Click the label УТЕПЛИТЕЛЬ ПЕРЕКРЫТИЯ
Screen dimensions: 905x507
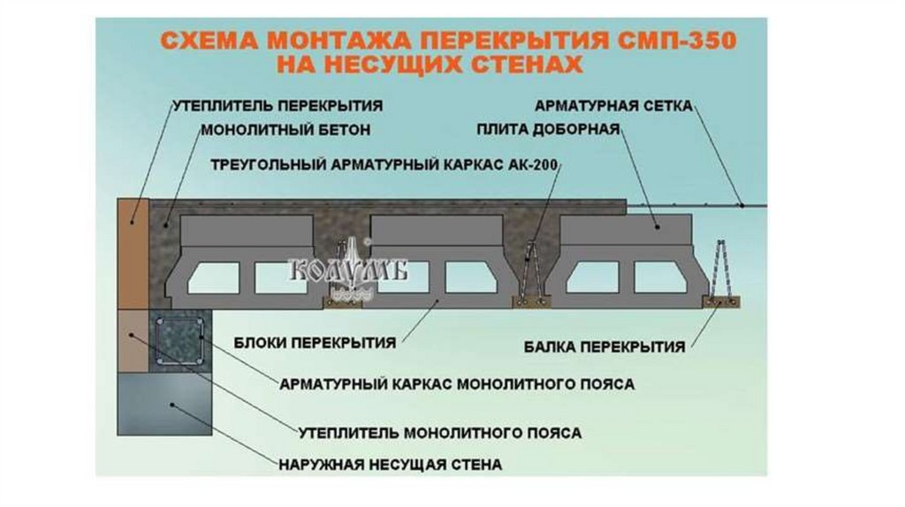tap(278, 106)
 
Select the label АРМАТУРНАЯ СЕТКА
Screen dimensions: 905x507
tap(613, 106)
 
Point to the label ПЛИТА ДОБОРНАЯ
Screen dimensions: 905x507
tap(548, 129)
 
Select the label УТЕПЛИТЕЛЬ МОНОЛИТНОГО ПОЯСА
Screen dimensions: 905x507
tap(439, 434)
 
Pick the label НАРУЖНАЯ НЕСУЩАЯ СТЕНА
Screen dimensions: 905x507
tap(390, 464)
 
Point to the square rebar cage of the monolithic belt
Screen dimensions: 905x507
tap(179, 342)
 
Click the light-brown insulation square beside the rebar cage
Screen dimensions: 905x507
tap(133, 340)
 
